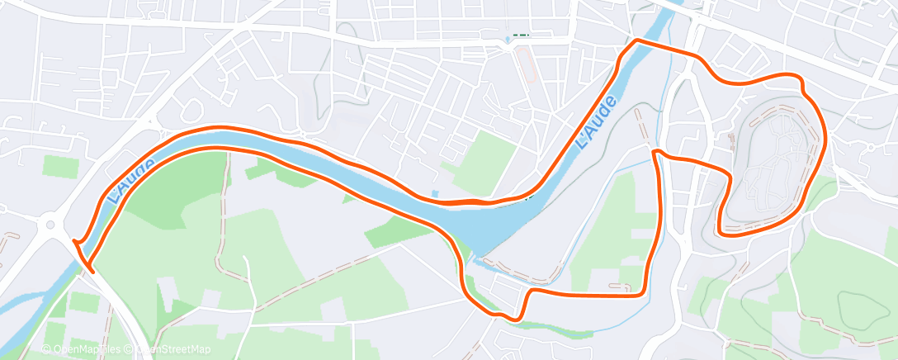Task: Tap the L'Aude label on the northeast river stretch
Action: click(596, 124)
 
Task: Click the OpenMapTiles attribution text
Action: click(83, 349)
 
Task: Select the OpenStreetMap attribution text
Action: click(169, 349)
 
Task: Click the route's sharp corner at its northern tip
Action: click(636, 40)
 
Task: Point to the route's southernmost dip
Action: click(515, 319)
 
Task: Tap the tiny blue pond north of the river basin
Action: click(435, 195)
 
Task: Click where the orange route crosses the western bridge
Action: click(83, 256)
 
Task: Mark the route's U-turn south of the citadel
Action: click(722, 227)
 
